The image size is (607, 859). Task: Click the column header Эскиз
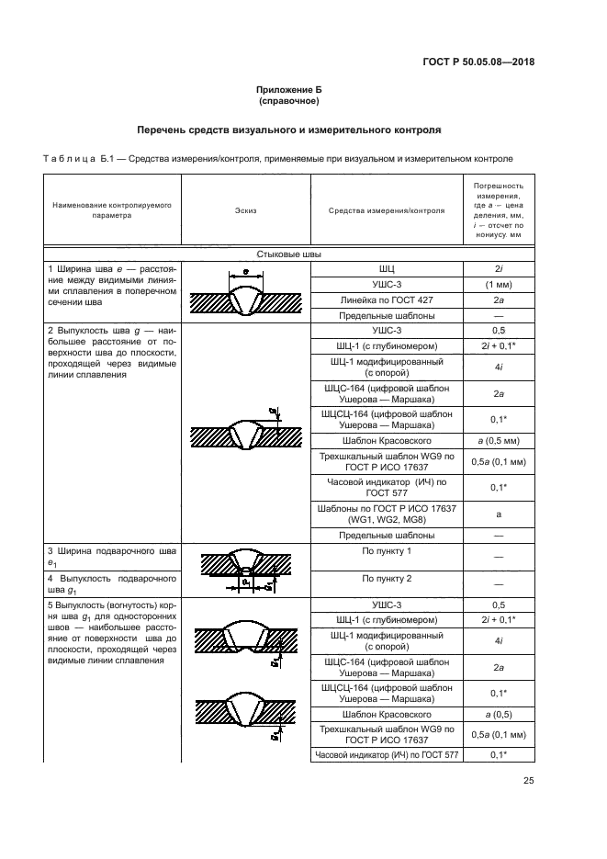(x=245, y=210)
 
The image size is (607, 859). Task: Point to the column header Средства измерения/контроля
(x=386, y=210)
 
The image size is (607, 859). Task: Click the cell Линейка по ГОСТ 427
(x=386, y=300)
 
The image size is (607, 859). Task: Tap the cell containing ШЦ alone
(x=386, y=268)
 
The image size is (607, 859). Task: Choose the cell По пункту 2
(x=386, y=579)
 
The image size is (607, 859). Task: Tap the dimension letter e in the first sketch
(x=245, y=273)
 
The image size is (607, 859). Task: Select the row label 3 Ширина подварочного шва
(x=112, y=557)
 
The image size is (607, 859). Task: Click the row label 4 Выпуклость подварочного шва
(x=112, y=585)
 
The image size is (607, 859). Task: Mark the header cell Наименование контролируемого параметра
(x=112, y=210)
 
